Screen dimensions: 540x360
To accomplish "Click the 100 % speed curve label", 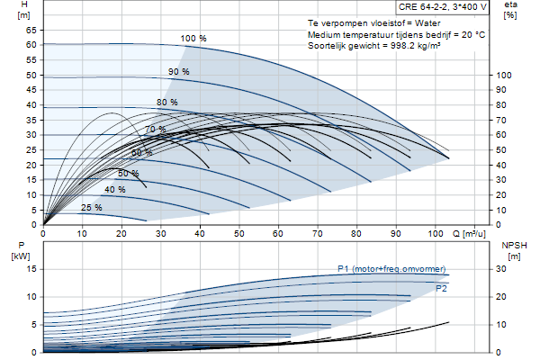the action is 193,38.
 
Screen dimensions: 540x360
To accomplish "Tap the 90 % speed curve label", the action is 179,72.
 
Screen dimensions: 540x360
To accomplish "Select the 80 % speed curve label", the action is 167,103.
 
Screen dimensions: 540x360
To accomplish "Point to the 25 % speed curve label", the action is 91,207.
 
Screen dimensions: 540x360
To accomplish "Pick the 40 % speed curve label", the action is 115,190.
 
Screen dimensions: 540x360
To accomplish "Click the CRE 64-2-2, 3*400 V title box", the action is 442,7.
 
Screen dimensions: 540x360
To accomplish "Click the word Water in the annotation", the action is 427,23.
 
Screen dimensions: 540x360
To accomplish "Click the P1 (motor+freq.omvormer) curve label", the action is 391,269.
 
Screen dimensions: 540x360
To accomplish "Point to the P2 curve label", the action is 441,289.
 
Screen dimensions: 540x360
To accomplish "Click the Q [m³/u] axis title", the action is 469,234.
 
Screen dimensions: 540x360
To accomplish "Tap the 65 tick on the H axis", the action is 31,31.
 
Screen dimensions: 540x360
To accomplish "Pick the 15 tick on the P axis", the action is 31,269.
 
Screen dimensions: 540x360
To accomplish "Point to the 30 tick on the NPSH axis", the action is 501,269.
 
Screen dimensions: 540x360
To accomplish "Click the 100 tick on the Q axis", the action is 436,234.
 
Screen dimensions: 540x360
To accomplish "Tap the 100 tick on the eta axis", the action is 503,75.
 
